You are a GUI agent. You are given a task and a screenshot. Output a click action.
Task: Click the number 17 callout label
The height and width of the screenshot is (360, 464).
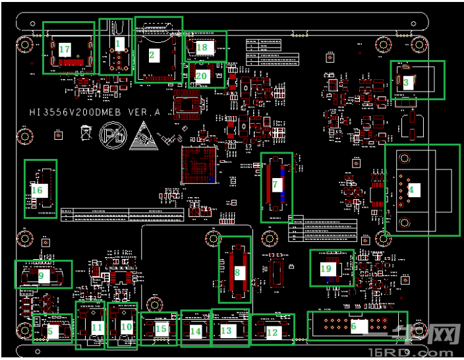65,49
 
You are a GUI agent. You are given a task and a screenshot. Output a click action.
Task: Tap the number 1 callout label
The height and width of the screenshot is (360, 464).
119,42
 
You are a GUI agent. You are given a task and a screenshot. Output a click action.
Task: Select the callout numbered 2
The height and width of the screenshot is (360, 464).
152,55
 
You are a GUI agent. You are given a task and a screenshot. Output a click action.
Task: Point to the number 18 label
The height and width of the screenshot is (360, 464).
202,47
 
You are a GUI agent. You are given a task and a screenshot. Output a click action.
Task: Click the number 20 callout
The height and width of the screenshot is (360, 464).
202,76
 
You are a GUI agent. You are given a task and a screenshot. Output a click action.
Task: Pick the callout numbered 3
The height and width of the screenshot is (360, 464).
407,82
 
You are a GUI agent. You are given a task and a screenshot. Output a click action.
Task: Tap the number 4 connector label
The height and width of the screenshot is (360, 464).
411,190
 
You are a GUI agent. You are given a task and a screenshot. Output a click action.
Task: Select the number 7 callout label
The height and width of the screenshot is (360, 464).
275,185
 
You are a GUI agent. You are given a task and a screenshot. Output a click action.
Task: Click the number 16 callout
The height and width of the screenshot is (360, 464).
37,191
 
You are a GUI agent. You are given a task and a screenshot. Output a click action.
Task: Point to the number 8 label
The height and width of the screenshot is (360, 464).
237,271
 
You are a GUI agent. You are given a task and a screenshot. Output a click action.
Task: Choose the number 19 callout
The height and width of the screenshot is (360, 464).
326,268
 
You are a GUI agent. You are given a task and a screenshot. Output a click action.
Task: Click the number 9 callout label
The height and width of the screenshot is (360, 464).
41,276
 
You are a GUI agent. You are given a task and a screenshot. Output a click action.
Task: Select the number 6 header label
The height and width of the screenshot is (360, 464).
354,324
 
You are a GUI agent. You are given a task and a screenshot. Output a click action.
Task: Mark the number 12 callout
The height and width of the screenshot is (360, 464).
272,332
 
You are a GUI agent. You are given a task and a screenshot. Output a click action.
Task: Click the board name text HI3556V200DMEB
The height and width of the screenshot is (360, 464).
94,113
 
